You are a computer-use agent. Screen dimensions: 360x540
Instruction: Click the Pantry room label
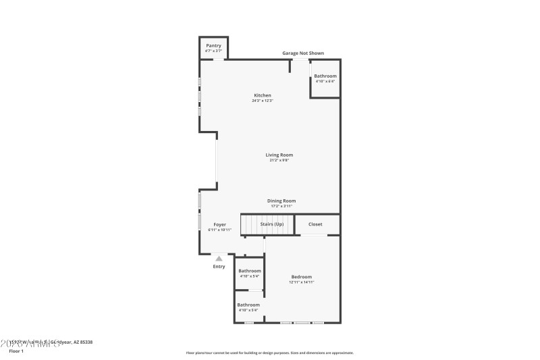point(213,45)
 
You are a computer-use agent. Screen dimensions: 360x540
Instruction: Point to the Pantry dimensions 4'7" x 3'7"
point(213,51)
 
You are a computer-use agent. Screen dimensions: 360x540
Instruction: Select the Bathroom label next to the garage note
point(325,76)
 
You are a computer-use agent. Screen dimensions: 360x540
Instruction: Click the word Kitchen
point(263,95)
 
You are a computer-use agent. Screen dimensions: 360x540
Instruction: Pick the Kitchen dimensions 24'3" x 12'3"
point(263,101)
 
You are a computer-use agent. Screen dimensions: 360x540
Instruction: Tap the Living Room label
point(279,155)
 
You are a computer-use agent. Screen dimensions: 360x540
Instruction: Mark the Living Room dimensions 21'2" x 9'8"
point(279,160)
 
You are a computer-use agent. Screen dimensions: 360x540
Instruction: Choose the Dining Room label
point(281,201)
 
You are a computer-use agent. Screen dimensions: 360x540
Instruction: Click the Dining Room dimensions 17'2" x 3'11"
point(281,206)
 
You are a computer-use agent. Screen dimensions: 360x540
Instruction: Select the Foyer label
point(220,224)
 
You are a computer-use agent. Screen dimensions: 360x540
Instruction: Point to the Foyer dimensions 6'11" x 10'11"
point(220,230)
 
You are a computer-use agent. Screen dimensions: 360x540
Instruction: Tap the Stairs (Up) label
point(271,224)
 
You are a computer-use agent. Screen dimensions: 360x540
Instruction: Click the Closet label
point(315,224)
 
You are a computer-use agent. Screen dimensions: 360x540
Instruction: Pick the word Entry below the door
point(219,266)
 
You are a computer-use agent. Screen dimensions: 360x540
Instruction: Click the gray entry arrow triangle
point(219,258)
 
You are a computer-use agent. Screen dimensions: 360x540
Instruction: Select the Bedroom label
point(302,276)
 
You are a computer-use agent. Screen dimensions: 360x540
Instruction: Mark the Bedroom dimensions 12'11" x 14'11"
point(302,282)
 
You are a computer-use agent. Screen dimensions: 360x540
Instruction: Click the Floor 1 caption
point(16,351)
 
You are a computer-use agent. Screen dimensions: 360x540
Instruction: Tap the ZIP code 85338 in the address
point(86,342)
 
